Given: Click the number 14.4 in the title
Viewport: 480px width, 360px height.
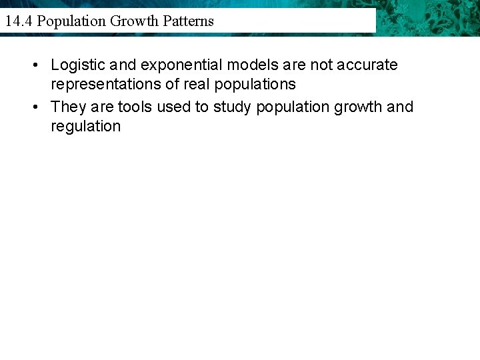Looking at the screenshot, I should (19, 21).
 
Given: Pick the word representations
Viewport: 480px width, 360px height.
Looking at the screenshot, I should (113, 85).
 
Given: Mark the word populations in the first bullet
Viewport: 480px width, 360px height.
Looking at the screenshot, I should (255, 85).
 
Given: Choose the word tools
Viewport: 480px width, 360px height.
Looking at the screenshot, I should (135, 107).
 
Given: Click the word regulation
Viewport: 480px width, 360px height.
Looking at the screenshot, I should (86, 127).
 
